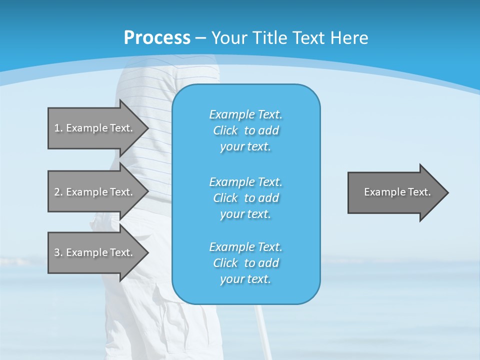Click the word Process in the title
click(157, 37)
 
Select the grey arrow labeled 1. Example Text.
click(95, 128)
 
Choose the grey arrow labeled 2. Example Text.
click(95, 192)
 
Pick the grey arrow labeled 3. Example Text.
click(95, 252)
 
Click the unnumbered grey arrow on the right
click(395, 192)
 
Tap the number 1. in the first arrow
click(58, 128)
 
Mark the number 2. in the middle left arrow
click(58, 192)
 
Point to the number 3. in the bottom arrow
click(58, 252)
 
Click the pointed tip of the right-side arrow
click(446, 192)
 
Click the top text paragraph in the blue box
click(245, 130)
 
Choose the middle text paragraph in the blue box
click(245, 197)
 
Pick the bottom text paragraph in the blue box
click(245, 263)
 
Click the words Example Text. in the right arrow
click(397, 192)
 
